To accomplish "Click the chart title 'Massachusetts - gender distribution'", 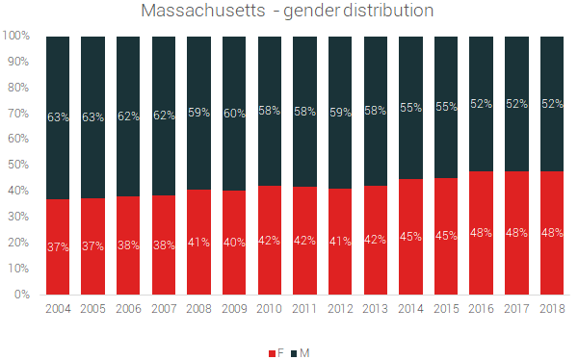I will (287, 12).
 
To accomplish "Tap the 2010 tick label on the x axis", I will (269, 309).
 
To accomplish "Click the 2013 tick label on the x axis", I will (376, 309).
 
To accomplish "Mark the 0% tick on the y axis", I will (23, 295).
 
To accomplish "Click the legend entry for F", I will (276, 353).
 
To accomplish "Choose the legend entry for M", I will (301, 353).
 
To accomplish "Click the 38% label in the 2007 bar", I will (163, 245).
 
